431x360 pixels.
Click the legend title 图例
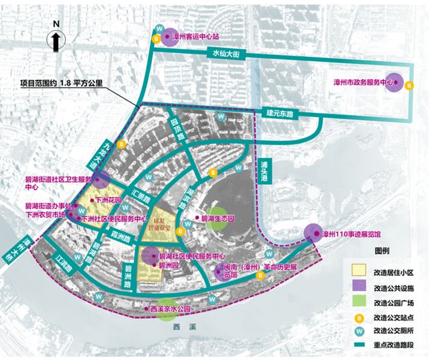click(382, 251)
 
